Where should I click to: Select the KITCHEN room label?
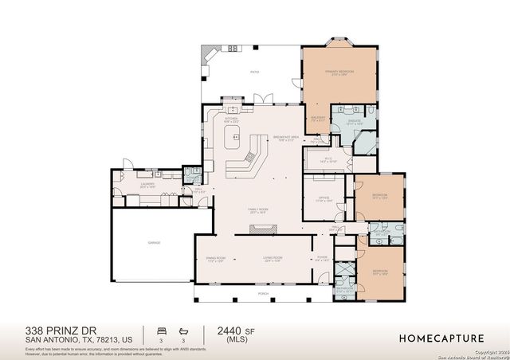tap(232, 119)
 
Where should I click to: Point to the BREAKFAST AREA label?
tap(286, 136)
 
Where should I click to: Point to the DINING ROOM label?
tap(216, 258)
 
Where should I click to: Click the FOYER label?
tap(323, 258)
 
